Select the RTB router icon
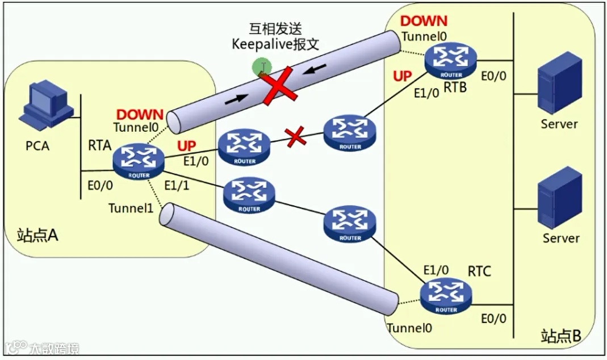point(451,61)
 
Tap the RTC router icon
point(446,296)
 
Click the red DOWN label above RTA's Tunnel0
point(140,115)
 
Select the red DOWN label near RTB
point(424,22)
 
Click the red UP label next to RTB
point(402,76)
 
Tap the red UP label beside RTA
point(186,146)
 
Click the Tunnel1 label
point(131,208)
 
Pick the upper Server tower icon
point(559,82)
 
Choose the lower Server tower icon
point(559,197)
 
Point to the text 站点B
point(561,335)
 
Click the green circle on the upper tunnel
point(262,68)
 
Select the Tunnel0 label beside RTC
point(409,328)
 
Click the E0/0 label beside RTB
point(493,76)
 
